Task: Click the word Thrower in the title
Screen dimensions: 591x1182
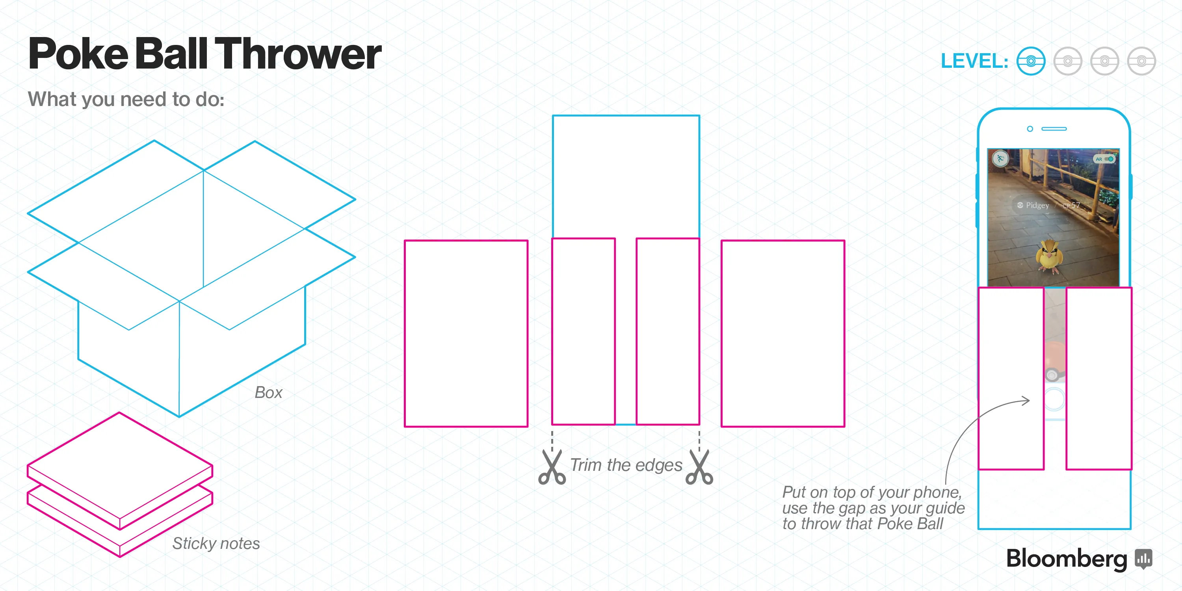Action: tap(298, 54)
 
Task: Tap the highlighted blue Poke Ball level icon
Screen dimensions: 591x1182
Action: tap(1031, 61)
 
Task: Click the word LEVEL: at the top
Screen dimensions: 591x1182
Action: tap(974, 61)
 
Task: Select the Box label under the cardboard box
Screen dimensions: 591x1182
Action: tap(268, 393)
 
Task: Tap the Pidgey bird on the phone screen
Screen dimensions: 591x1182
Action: tap(1049, 256)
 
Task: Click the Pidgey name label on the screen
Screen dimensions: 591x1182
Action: tap(1037, 205)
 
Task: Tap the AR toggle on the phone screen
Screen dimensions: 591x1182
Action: tap(1105, 159)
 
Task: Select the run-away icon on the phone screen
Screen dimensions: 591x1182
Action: tap(1000, 159)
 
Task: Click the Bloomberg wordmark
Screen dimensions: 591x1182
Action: tap(1067, 558)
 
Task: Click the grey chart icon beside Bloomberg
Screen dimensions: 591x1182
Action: tap(1143, 558)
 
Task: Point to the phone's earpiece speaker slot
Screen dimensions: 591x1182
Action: tap(1054, 129)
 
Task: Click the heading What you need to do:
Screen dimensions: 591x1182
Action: tap(126, 99)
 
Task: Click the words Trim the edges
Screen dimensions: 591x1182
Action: tap(626, 465)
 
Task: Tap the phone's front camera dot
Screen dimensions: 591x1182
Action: tap(1030, 129)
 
